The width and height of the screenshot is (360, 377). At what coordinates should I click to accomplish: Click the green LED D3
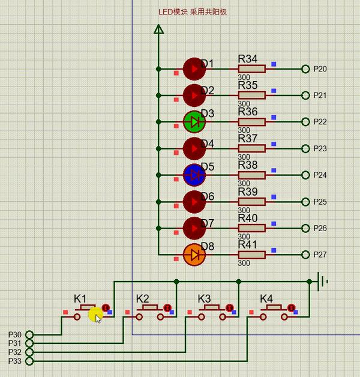point(194,122)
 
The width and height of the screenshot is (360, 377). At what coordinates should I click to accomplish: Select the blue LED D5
point(194,175)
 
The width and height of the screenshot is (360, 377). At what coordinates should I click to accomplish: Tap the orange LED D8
point(194,255)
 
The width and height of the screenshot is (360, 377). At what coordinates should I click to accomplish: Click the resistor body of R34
point(251,69)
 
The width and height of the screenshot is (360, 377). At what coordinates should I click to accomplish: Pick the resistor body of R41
point(251,255)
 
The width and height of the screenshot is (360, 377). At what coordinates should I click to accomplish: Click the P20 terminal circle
point(305,69)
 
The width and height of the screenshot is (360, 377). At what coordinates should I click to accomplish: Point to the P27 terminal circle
point(305,255)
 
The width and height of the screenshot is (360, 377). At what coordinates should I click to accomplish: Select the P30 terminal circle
point(29,334)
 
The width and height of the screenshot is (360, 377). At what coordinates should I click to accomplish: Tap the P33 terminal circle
point(29,361)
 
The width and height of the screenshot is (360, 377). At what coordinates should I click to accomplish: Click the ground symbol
point(322,282)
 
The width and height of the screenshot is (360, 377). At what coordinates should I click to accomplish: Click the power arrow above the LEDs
point(158,29)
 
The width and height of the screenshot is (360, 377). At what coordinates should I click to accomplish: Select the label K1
point(80,299)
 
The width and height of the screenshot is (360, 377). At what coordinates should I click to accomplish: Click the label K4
point(266,299)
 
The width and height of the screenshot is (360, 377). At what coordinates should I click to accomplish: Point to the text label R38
point(248,165)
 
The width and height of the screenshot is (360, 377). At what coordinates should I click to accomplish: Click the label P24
point(320,175)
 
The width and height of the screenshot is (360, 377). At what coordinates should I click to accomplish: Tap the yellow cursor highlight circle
point(95,315)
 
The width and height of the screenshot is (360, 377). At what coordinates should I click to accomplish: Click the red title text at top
point(193,12)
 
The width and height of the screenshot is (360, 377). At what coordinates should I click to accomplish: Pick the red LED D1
point(194,69)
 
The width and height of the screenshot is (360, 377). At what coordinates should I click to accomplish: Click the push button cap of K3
point(212,307)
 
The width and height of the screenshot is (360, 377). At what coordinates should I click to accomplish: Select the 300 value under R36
point(244,130)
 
